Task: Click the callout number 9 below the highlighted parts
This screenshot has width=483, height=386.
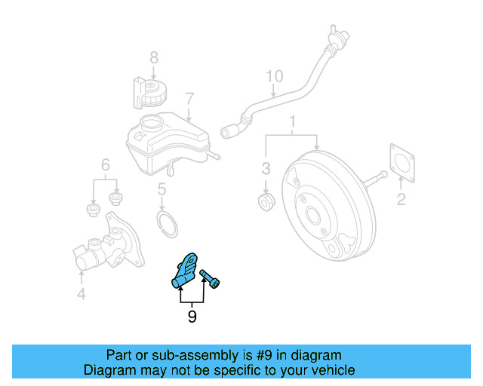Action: tap(192, 317)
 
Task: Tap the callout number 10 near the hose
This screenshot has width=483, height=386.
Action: tap(274, 76)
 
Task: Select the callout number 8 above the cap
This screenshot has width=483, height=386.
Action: tap(153, 57)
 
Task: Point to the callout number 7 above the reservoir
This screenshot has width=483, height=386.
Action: tap(189, 99)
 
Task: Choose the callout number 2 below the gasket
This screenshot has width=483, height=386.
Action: tap(401, 199)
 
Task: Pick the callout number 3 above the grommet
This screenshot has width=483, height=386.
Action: tap(266, 167)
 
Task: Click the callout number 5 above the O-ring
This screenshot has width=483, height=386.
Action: tap(162, 191)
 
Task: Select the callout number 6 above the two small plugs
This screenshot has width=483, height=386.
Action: tap(106, 164)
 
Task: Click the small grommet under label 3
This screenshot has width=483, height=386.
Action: tap(266, 201)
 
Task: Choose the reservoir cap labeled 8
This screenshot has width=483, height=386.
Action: tap(152, 93)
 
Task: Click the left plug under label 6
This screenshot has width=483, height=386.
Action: tap(94, 207)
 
